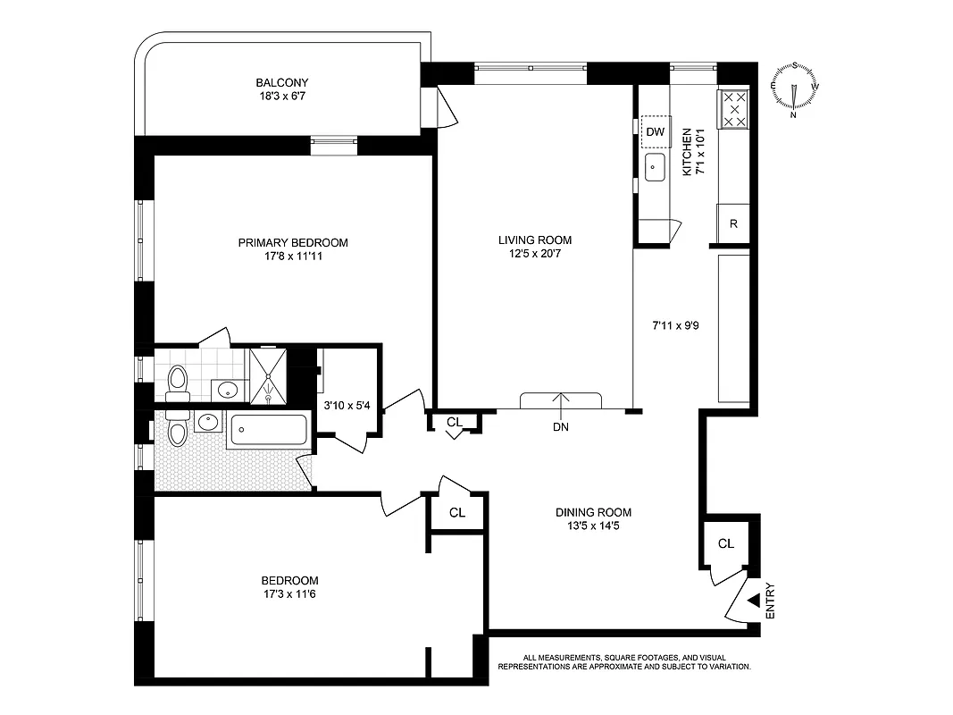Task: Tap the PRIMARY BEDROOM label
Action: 292,242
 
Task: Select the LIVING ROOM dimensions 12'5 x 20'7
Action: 534,254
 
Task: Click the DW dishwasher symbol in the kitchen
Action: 656,132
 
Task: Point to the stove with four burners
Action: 734,109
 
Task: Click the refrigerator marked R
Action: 733,223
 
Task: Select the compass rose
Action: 794,89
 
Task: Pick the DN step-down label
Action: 561,427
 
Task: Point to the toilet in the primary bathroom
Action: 177,380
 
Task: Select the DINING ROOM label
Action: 593,512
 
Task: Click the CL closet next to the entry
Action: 725,543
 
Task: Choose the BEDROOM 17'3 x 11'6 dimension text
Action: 291,593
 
